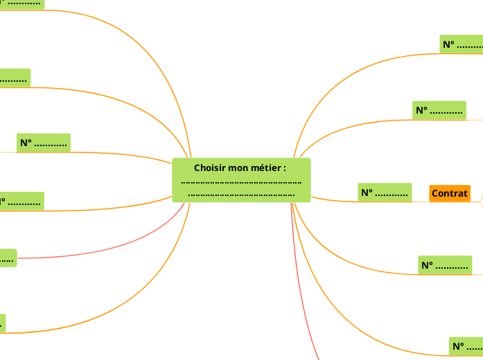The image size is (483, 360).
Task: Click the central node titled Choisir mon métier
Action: tap(241, 180)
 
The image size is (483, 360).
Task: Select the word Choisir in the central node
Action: tap(209, 168)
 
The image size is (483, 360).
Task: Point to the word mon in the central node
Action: tap(238, 168)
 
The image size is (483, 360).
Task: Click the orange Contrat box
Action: tap(449, 193)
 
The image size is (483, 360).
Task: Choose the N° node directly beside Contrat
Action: tap(385, 192)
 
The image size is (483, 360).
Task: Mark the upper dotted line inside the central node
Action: tap(241, 182)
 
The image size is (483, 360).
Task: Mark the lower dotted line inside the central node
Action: tap(241, 194)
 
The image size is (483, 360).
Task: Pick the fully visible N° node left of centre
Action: tap(44, 143)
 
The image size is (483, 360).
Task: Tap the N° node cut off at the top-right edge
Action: tap(462, 44)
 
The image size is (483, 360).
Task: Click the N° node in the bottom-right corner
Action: tap(466, 345)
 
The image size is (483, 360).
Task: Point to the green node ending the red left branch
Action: tap(7, 259)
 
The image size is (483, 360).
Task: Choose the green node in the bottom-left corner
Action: tap(2, 323)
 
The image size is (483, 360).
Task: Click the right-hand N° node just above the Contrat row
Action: tap(439, 110)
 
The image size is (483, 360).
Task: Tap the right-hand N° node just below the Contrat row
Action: tap(444, 264)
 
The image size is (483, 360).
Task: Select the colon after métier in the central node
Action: tap(285, 168)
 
